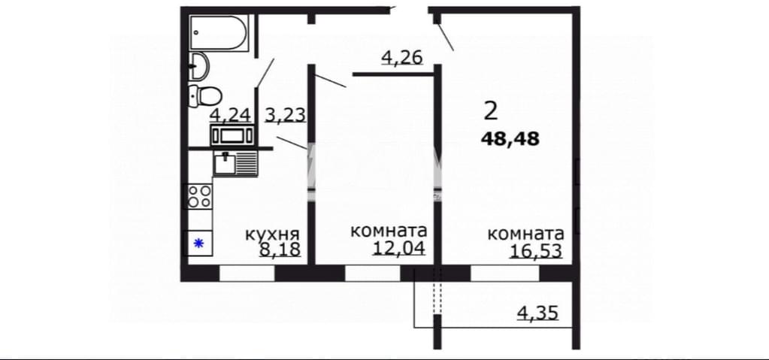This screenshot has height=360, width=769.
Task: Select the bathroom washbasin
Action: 199,65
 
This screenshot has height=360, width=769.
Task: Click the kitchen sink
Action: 235,162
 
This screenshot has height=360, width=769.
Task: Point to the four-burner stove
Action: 200,195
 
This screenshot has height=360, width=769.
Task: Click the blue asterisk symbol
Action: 198,243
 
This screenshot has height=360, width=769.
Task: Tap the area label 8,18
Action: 280,250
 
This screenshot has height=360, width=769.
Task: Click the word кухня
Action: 272,234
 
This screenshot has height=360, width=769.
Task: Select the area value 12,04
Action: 398,248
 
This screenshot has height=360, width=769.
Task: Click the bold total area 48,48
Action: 510,139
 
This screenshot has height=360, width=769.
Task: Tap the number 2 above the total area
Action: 491,112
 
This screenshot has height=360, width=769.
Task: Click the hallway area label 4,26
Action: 401,58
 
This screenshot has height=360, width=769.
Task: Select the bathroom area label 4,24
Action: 230,115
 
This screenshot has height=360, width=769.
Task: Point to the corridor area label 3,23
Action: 286,115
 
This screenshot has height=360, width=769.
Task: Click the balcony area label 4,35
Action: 538,313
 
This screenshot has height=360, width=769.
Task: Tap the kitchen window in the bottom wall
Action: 247,273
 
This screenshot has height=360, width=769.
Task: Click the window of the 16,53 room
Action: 505,273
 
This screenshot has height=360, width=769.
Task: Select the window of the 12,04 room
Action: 373,273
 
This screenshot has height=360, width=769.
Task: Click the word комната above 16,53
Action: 525,234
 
